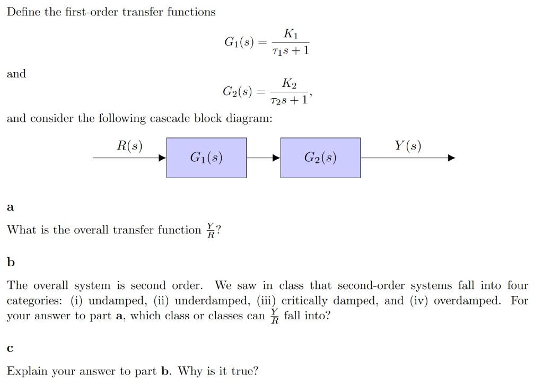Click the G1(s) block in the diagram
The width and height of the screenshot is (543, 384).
pyautogui.click(x=206, y=158)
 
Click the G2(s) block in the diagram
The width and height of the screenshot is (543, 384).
pyautogui.click(x=320, y=158)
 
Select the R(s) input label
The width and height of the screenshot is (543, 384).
pyautogui.click(x=129, y=146)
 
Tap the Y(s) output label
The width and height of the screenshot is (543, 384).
pyautogui.click(x=408, y=146)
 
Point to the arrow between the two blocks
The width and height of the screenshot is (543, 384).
pyautogui.click(x=264, y=158)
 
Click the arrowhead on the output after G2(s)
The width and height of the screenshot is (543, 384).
pyautogui.click(x=451, y=158)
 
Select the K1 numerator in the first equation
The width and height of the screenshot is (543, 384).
pyautogui.click(x=291, y=34)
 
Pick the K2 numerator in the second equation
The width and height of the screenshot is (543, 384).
pyautogui.click(x=290, y=83)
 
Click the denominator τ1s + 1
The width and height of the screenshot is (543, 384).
pyautogui.click(x=290, y=51)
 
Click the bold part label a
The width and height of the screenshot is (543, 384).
pyautogui.click(x=10, y=207)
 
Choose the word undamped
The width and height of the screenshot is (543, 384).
pyautogui.click(x=112, y=301)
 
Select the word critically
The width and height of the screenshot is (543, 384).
pyautogui.click(x=305, y=301)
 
